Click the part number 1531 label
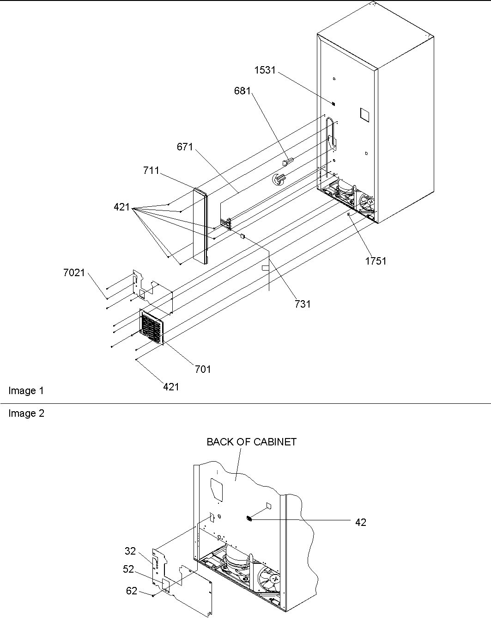tap(265, 70)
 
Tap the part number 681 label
tap(242, 91)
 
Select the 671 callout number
tap(185, 147)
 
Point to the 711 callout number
tap(151, 171)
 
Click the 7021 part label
tap(74, 273)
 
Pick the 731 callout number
tap(303, 304)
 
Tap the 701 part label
tap(203, 369)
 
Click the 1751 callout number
tap(375, 261)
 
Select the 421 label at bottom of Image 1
tap(171, 387)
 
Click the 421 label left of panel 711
tap(122, 208)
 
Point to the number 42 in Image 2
tap(361, 522)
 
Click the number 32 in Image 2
tap(130, 551)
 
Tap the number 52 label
tap(128, 569)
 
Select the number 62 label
tap(132, 591)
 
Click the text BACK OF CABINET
tap(251, 442)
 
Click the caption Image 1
tap(26, 391)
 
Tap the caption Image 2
tap(26, 414)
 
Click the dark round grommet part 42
tap(249, 519)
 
